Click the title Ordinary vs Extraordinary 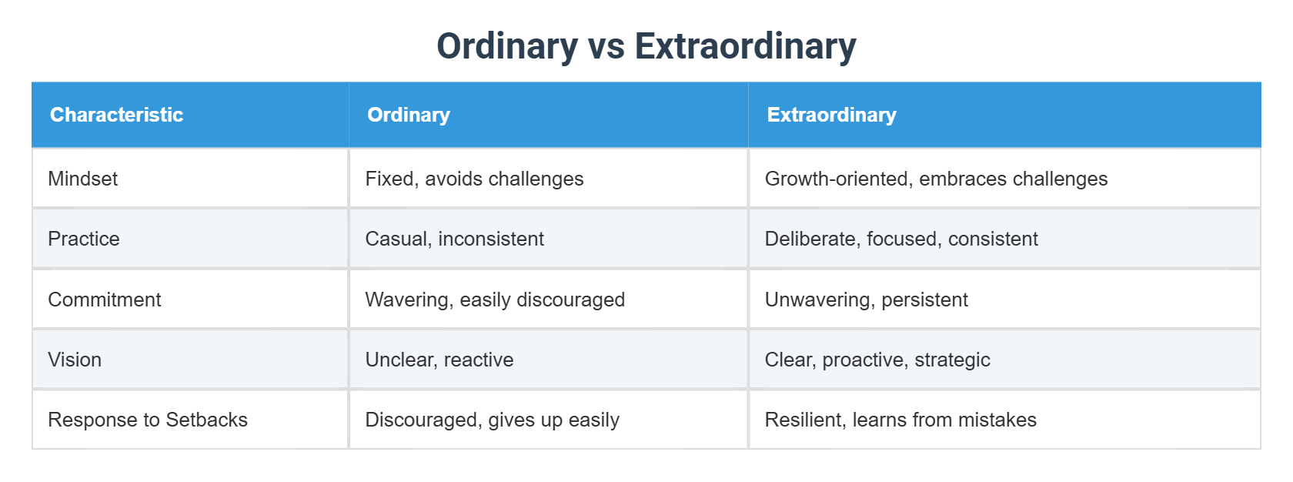pos(646,46)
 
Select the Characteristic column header pos(116,115)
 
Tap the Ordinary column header pos(408,115)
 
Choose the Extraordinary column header pos(831,115)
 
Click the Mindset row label pos(83,179)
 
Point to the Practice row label pos(84,239)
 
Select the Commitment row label pos(105,300)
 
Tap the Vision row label pos(75,360)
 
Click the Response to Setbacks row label pos(148,420)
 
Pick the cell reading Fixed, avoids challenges pos(474,179)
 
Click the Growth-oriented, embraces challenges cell pos(936,179)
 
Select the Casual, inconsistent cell pos(454,239)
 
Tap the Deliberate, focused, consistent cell pos(901,239)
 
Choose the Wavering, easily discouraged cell pos(495,300)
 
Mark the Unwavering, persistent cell pos(866,300)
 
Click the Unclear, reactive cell pos(439,360)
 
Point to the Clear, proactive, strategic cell pos(877,360)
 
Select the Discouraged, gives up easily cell pos(492,420)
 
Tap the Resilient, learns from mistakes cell pos(900,420)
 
